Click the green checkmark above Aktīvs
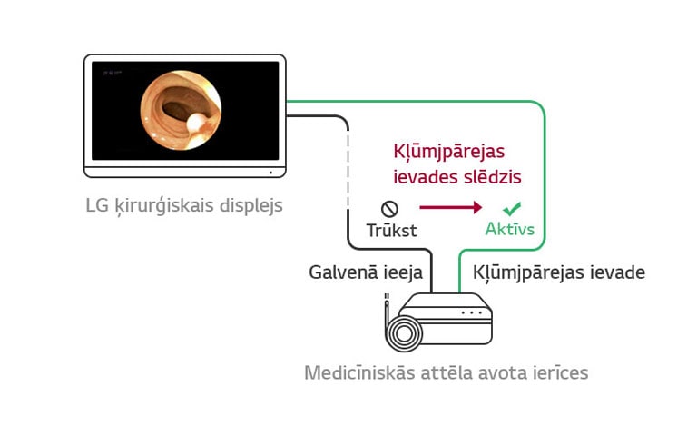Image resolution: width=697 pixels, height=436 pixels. [x=513, y=208]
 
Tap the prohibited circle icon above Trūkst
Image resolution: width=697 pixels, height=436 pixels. [x=389, y=209]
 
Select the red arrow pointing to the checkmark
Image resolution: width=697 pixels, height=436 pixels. [x=450, y=208]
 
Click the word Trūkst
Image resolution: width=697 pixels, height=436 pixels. [x=391, y=231]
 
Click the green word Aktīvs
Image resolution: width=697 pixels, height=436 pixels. [x=509, y=230]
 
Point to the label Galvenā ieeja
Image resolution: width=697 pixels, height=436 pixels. [x=366, y=272]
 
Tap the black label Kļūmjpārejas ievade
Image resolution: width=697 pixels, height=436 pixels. [x=559, y=272]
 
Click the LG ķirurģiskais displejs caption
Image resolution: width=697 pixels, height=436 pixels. [x=184, y=205]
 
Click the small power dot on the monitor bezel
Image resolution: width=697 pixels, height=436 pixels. [x=270, y=172]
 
